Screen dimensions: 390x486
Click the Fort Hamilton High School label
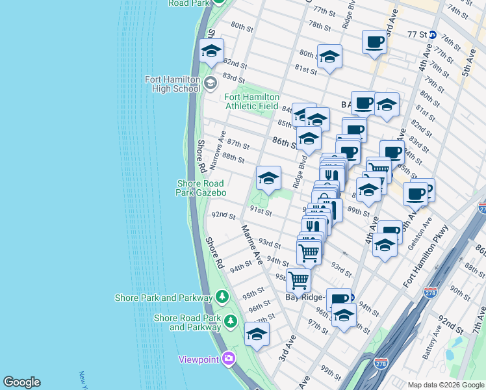(x=172, y=84)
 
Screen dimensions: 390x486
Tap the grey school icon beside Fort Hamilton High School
(x=210, y=83)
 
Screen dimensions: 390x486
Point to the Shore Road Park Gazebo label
(x=201, y=188)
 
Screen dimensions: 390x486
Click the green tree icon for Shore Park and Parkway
(x=222, y=297)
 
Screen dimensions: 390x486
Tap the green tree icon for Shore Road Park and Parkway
(x=230, y=321)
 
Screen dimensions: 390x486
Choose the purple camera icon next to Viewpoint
(x=228, y=358)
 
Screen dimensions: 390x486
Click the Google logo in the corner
(x=21, y=382)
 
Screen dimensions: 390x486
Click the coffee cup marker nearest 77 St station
(x=374, y=42)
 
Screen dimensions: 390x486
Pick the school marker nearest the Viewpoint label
(x=257, y=335)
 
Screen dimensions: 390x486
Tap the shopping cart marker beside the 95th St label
(x=298, y=279)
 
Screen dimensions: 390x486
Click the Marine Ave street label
(x=251, y=244)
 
